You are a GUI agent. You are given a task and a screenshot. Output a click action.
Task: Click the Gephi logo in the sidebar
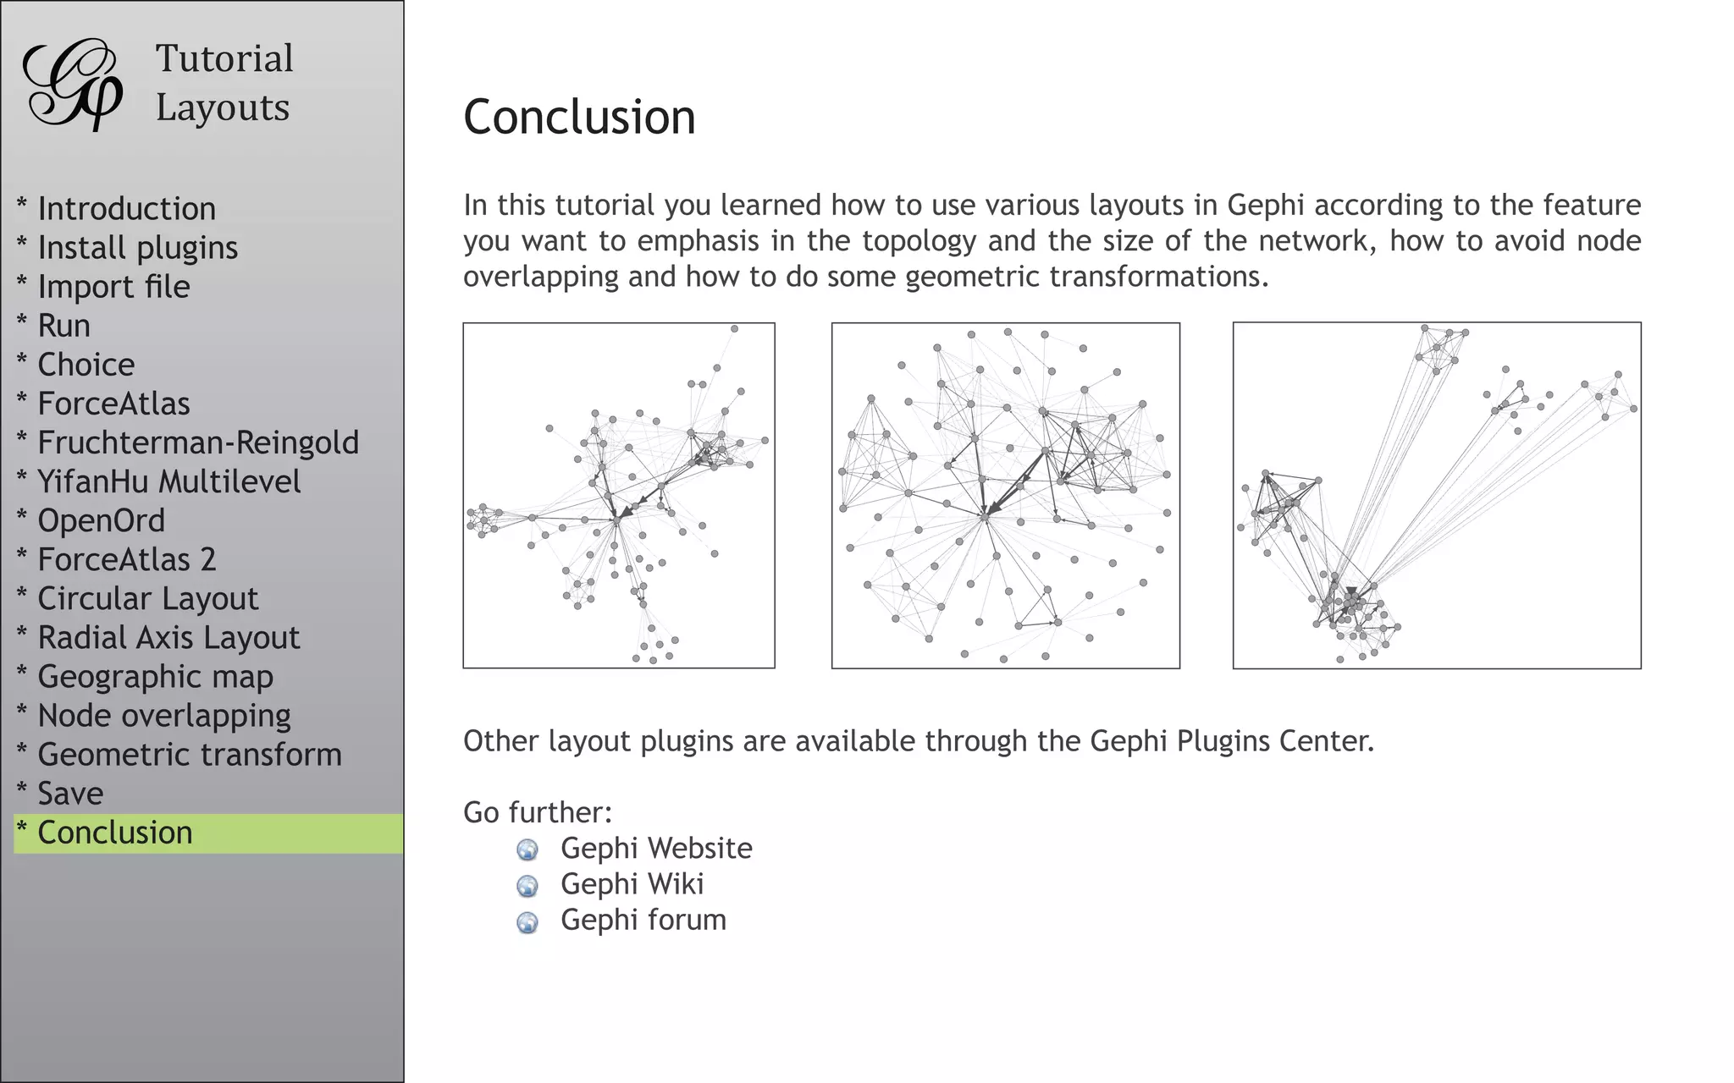(x=72, y=85)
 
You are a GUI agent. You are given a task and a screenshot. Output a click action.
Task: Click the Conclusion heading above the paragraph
(x=579, y=117)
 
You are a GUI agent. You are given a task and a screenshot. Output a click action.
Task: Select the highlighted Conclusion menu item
(x=115, y=833)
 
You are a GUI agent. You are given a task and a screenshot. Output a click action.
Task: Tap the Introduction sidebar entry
(x=126, y=209)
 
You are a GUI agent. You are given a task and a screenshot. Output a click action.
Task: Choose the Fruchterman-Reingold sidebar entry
(x=198, y=443)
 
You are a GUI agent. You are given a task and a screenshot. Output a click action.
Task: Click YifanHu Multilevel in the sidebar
(x=168, y=481)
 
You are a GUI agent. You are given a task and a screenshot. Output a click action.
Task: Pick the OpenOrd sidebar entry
(x=101, y=520)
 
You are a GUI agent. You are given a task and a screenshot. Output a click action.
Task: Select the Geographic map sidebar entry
(x=155, y=676)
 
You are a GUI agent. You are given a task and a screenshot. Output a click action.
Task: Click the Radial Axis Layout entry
(x=168, y=637)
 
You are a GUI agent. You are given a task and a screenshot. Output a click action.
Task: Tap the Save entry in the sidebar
(x=70, y=794)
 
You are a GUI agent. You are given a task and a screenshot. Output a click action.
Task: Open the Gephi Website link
(x=656, y=848)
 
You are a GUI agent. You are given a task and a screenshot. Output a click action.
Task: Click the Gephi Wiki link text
(x=632, y=883)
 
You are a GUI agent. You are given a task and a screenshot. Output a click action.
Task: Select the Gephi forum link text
(x=643, y=920)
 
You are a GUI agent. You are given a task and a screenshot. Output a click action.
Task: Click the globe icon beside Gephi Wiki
(x=527, y=885)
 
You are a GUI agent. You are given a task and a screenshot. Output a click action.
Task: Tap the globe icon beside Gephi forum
(x=527, y=921)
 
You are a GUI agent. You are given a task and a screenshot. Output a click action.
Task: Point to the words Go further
(x=537, y=812)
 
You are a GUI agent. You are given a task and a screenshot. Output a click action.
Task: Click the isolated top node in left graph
(x=734, y=328)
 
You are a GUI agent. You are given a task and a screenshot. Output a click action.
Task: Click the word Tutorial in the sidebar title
(x=224, y=58)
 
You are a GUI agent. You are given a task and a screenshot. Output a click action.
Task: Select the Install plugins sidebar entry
(x=137, y=248)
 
